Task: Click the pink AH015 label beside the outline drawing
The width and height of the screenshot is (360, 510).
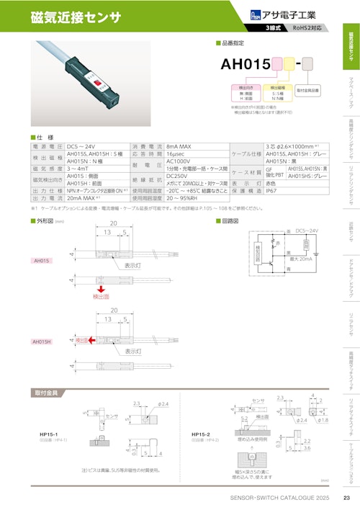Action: pos(42,260)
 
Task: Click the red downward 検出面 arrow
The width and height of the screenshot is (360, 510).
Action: pos(101,287)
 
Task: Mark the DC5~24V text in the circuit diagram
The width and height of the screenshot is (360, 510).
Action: pos(301,230)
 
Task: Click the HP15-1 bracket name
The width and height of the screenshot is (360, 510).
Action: pos(49,434)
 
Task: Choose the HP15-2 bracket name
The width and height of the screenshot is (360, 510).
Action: pos(201,434)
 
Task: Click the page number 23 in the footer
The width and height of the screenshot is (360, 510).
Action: pos(346,498)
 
